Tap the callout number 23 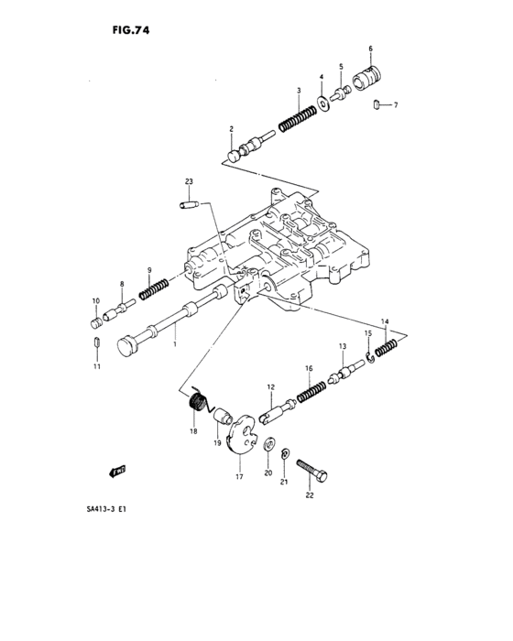[x=189, y=182]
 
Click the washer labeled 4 [x=322, y=101]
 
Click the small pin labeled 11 [x=96, y=343]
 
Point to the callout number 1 [x=176, y=339]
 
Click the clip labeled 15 [x=369, y=354]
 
